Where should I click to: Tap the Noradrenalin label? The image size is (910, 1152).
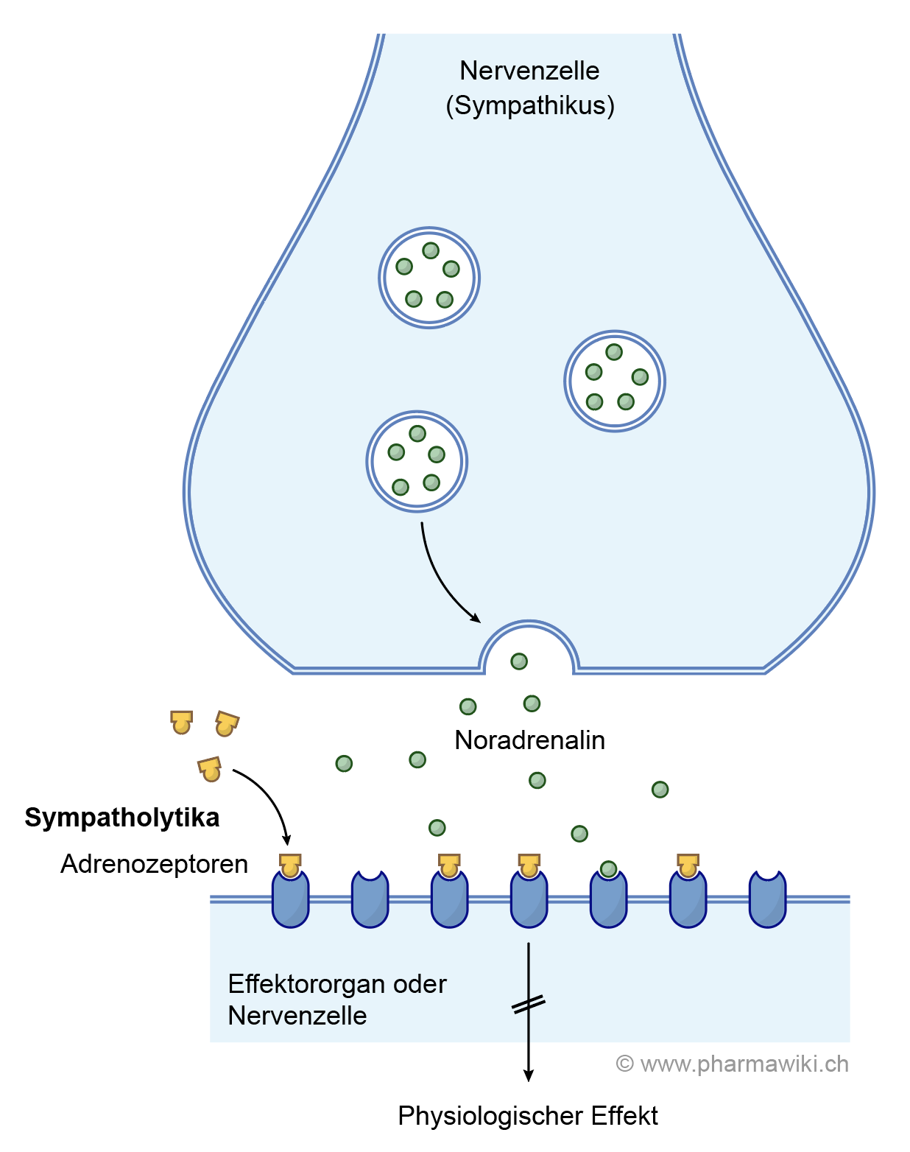pyautogui.click(x=529, y=740)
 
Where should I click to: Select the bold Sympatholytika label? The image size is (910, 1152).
pyautogui.click(x=122, y=818)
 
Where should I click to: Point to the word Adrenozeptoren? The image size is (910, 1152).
pyautogui.click(x=154, y=864)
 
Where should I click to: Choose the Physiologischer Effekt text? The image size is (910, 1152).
pyautogui.click(x=528, y=1116)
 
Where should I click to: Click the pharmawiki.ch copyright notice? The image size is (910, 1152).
pyautogui.click(x=733, y=1064)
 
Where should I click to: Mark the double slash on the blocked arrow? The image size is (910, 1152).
pyautogui.click(x=528, y=1004)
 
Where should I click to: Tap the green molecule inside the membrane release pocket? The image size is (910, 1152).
pyautogui.click(x=519, y=661)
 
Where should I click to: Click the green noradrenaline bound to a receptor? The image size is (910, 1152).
pyautogui.click(x=608, y=869)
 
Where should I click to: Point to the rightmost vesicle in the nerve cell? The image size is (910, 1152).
pyautogui.click(x=615, y=381)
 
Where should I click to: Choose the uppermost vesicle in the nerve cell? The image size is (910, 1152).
pyautogui.click(x=429, y=278)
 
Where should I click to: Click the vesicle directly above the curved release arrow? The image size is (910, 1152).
pyautogui.click(x=417, y=461)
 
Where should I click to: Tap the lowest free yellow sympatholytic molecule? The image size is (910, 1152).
pyautogui.click(x=210, y=769)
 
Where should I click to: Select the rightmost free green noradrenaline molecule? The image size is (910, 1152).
pyautogui.click(x=660, y=790)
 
